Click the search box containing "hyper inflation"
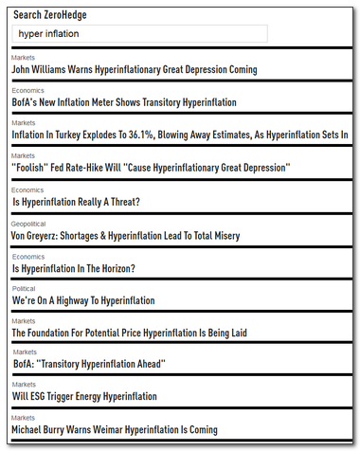(139, 33)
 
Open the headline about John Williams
(134, 69)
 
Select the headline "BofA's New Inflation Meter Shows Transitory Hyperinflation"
(124, 101)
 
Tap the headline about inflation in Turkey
(179, 135)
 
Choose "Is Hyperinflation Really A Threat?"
(76, 202)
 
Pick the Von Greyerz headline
(137, 235)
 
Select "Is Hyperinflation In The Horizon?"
(73, 268)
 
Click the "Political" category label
(24, 288)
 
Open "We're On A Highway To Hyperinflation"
(83, 300)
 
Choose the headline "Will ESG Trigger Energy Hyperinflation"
(84, 396)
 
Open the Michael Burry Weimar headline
(127, 430)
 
